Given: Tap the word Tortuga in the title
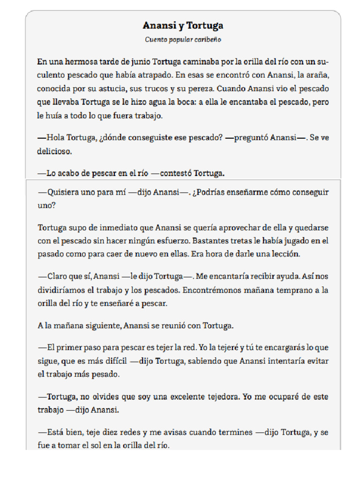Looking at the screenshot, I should (x=205, y=25).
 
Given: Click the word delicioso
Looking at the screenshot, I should (x=55, y=151).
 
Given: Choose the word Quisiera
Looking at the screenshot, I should (x=62, y=192).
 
